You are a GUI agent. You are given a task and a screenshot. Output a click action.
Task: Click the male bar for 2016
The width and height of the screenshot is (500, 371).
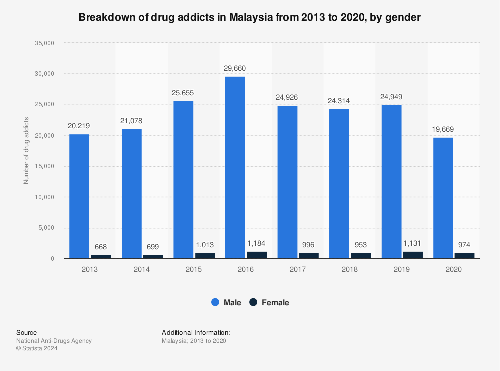[x=235, y=167]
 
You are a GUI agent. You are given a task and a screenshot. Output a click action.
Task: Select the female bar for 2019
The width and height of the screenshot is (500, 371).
[x=413, y=255]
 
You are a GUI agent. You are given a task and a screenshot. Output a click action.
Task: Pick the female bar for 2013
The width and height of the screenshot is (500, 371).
[x=101, y=256]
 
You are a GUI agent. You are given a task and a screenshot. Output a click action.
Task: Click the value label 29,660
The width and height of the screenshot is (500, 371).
[x=235, y=68]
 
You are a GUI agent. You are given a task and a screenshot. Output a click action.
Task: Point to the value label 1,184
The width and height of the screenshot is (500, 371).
[x=257, y=243]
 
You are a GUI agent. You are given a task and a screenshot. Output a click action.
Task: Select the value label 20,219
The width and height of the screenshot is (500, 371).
[x=79, y=126]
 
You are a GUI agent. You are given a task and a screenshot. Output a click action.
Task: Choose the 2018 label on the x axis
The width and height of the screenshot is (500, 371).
[x=349, y=269]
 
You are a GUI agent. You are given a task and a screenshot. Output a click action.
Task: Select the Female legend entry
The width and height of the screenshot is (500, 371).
[x=269, y=302]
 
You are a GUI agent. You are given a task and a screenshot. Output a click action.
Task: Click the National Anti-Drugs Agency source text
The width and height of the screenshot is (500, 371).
[x=54, y=341]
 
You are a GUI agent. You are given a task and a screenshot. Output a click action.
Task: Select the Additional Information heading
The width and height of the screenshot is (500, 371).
[x=196, y=332]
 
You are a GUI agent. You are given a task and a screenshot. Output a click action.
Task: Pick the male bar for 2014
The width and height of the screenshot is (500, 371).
[x=131, y=194]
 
